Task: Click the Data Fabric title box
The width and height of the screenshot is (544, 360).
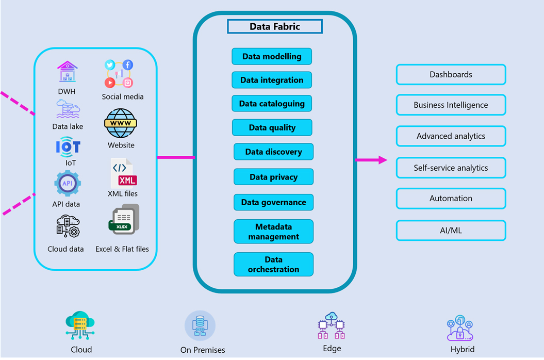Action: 275,26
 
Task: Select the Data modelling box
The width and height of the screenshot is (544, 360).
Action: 272,57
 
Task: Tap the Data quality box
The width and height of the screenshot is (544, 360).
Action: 272,127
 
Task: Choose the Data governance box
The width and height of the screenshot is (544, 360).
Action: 274,202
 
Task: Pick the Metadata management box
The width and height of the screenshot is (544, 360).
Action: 274,232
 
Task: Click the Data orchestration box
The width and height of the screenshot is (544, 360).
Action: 274,264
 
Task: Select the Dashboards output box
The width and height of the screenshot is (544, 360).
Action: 451,74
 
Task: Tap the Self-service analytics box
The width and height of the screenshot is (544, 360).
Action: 451,168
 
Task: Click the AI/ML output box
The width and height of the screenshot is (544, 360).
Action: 451,231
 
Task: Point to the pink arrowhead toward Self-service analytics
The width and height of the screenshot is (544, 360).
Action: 382,160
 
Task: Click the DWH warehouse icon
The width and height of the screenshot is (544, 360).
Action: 68,72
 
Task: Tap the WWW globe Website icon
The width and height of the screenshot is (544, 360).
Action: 120,124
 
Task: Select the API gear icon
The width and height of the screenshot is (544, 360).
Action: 68,184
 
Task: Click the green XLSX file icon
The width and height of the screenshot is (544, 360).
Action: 123,221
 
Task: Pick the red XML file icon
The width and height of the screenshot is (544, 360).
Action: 124,173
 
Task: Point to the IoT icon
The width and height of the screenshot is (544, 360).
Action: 68,147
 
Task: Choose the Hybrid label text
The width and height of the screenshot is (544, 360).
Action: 462,349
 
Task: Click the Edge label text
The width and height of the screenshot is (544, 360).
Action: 332,349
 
